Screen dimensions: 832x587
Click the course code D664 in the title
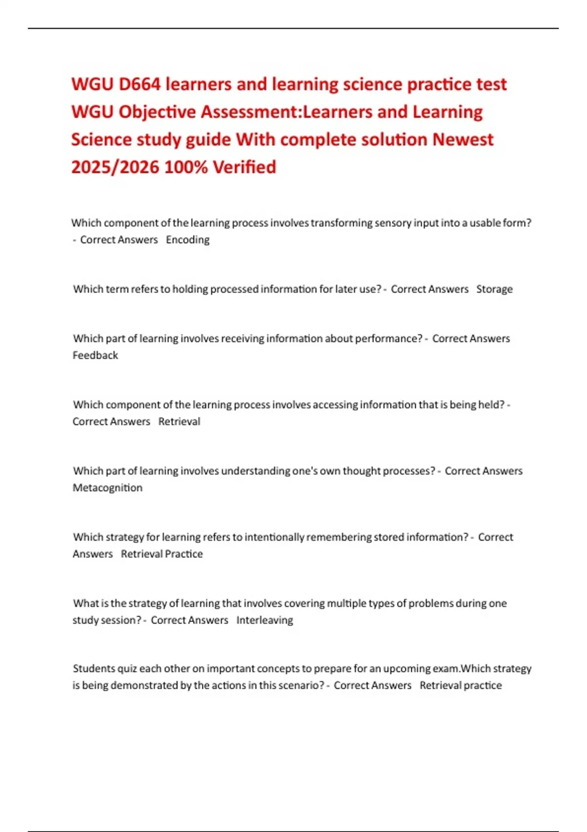[139, 85]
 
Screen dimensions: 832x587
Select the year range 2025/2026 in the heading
[115, 167]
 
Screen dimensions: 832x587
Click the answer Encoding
[187, 240]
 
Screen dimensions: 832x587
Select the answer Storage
[494, 289]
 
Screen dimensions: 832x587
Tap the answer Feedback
[95, 355]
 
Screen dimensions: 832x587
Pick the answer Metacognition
[108, 488]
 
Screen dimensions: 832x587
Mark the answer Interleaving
[265, 620]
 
